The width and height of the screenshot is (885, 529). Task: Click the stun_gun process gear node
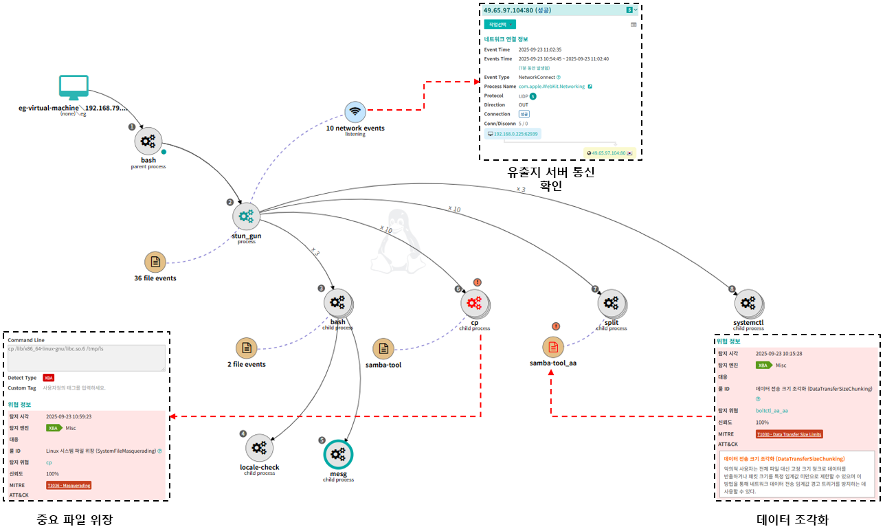coord(246,216)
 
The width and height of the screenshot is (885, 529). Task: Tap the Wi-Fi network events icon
coord(355,111)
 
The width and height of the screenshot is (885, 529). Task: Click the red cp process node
coord(474,302)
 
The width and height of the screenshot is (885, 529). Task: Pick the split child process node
coord(611,302)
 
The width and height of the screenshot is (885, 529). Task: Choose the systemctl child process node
coord(748,302)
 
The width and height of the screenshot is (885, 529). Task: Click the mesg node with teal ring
coord(337,454)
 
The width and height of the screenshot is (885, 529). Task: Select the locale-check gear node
coord(259,448)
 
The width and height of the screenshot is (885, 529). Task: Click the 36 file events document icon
coord(155,262)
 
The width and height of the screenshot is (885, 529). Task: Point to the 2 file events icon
coord(247,348)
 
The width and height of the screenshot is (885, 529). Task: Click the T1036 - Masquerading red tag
coord(69,485)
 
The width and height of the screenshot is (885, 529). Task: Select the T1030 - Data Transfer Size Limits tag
coord(789,434)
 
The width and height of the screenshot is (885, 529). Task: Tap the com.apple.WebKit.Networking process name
coord(552,87)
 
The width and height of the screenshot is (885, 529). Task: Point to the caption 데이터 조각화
coord(792,519)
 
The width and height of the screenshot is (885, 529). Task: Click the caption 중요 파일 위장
coord(74,518)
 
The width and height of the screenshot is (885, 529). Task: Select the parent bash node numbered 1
coord(148,142)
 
